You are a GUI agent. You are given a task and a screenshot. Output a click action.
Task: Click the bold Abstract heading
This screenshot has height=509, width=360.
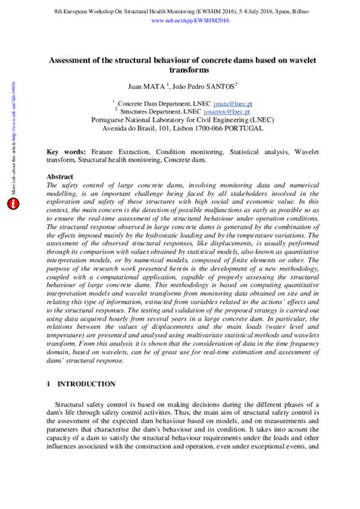(x=60, y=175)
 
